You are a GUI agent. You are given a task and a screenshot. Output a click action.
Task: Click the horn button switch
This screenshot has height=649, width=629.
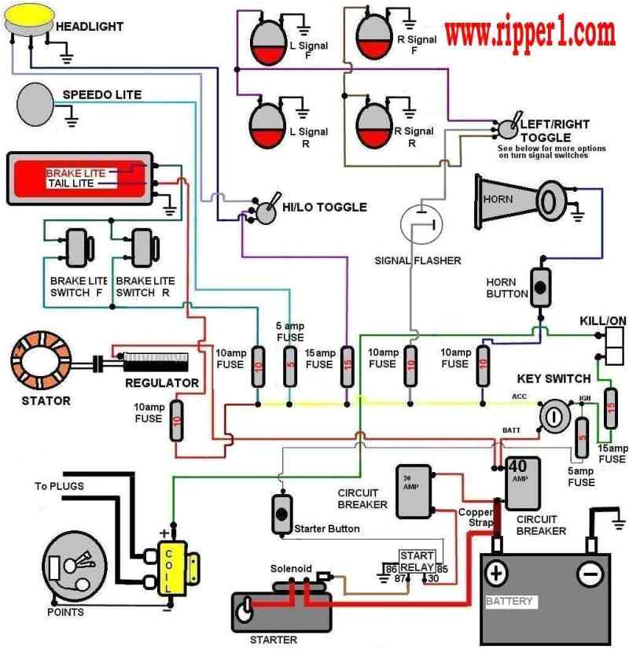point(540,289)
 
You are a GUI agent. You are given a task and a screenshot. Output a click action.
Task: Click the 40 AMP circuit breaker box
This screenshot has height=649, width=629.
point(521,484)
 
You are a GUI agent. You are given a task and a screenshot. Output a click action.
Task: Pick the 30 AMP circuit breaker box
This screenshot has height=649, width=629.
point(413,490)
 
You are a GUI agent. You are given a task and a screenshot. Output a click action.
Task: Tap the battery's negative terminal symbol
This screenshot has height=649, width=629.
point(589,573)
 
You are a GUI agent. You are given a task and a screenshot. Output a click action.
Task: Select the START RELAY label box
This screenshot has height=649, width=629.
point(417,561)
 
